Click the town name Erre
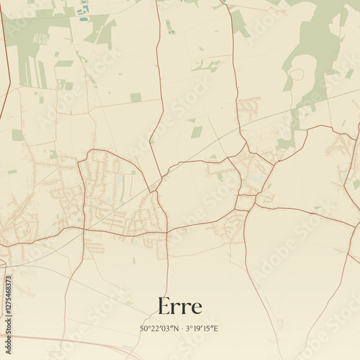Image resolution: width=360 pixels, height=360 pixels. pos(179,307)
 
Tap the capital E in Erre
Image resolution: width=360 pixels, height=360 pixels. pos(164,307)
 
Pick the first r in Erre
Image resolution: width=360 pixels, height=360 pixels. pos(176,309)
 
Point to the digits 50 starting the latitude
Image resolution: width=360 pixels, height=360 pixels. pos(144,329)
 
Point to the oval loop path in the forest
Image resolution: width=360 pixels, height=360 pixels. pos(296,73)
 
